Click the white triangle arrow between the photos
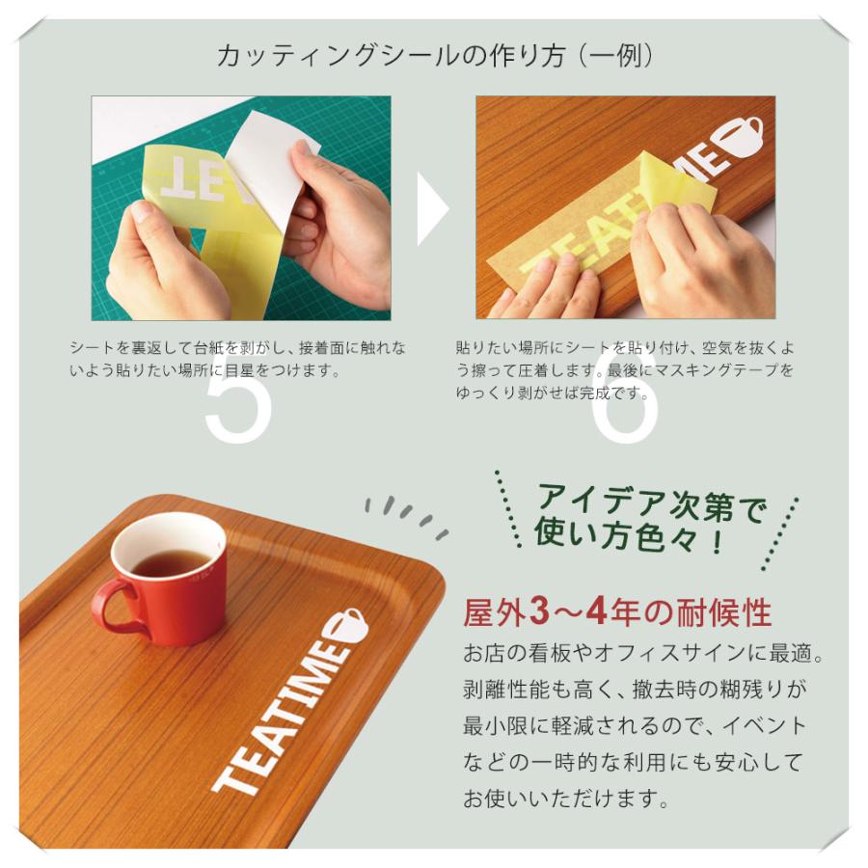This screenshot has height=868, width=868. tap(431, 208)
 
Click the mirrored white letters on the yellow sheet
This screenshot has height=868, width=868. tap(193, 178)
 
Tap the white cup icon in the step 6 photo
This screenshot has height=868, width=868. tap(741, 135)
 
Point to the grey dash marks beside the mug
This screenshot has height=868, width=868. tap(405, 516)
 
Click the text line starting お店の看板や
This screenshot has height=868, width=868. tap(643, 654)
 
